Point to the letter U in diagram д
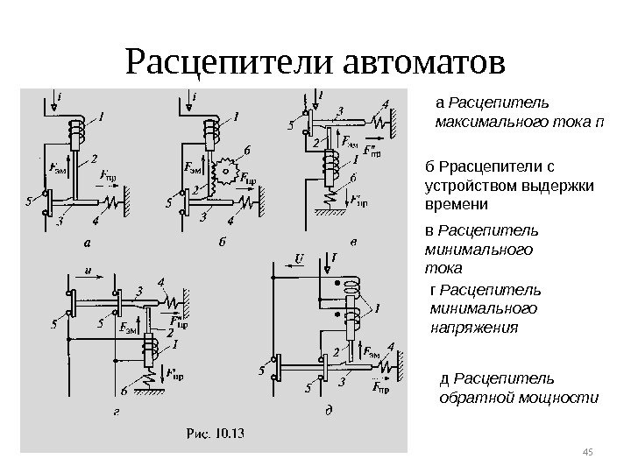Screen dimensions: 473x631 [x=299, y=259]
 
